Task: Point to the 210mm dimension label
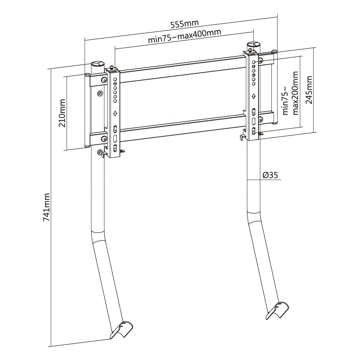62,113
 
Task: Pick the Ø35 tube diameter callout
270,175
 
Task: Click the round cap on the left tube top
96,64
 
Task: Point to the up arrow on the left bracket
115,113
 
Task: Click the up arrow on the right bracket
254,96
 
